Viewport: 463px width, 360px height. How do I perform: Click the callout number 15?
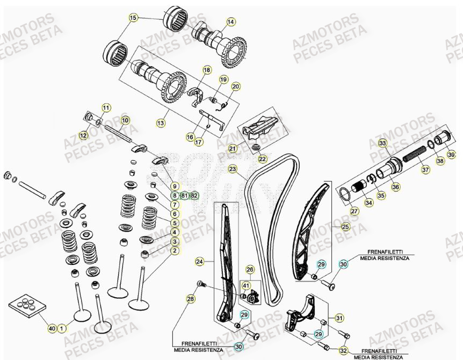[x=133, y=18]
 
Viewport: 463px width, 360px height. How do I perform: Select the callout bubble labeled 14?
[x=230, y=22]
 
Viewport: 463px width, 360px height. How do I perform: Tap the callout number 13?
[x=161, y=123]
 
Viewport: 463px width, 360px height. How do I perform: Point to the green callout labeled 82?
[x=194, y=196]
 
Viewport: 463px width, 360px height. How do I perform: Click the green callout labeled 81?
[x=184, y=196]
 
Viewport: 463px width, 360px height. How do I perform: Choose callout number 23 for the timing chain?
[x=232, y=169]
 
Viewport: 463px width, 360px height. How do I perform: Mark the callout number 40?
[x=52, y=327]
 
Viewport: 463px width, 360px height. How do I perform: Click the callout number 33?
[x=382, y=143]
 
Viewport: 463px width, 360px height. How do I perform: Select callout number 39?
[x=451, y=155]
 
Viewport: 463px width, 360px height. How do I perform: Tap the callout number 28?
[x=191, y=299]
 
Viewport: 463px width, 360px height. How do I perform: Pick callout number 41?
[x=245, y=286]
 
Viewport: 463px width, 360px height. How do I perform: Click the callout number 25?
[x=345, y=227]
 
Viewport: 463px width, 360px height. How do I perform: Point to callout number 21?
[x=233, y=148]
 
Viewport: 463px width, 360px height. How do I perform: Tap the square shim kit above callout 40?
[x=27, y=306]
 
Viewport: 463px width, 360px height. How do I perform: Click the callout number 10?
[x=125, y=120]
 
